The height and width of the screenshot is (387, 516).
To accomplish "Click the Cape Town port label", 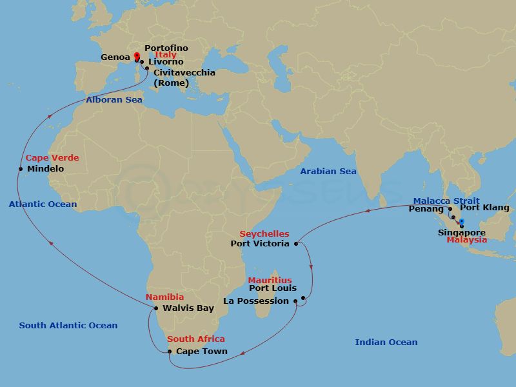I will point(201,352).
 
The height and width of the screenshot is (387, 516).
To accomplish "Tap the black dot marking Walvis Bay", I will point(156,308).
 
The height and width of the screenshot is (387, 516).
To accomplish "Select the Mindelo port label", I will point(45,169).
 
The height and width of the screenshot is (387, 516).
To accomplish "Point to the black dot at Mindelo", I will point(21,169).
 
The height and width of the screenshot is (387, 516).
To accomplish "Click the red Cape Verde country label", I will point(52,158).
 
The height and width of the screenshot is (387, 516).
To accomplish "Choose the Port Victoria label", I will point(260,244).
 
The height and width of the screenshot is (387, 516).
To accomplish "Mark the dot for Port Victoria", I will point(296,244).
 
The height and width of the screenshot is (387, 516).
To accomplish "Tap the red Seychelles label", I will point(264,233).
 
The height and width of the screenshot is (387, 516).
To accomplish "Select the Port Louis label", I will point(272,288).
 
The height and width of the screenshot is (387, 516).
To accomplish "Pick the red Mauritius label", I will point(270,281).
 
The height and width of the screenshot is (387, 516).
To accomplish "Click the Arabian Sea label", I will point(328,172).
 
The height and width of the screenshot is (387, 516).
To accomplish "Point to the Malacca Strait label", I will point(446,201).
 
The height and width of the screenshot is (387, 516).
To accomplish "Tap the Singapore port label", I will point(461,232).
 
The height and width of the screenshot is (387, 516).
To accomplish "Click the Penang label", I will point(426,209).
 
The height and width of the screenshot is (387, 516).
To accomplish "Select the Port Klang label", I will point(484,208).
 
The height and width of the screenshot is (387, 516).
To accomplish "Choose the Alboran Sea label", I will point(114,100).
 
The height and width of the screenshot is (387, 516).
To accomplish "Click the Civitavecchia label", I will point(184,73).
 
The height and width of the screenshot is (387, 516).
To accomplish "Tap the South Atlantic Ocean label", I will point(68,326).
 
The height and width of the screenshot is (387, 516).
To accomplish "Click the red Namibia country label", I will point(164,297).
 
